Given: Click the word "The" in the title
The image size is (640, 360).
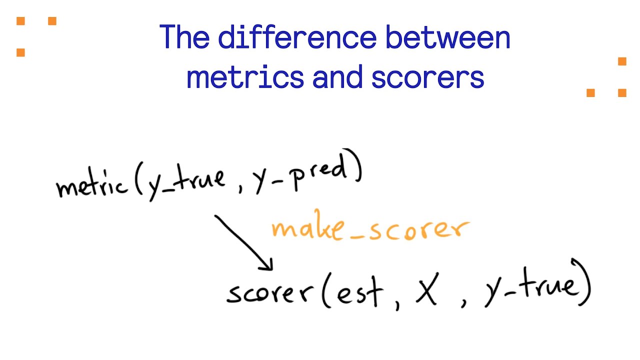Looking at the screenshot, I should pos(184,37).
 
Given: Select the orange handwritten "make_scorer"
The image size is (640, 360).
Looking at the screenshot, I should pos(370,229).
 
